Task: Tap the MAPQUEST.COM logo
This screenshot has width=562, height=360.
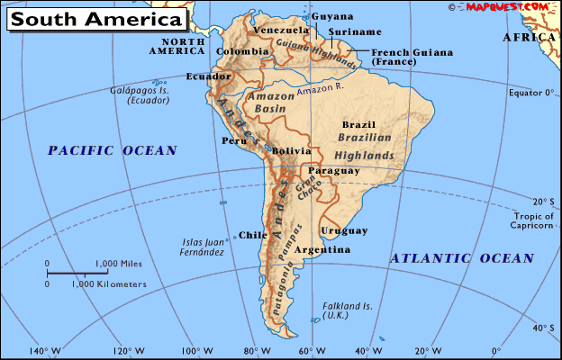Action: point(507,6)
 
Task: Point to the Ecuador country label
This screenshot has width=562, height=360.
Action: point(204,76)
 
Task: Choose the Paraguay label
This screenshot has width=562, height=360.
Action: point(333,170)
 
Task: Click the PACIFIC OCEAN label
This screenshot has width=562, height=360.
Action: point(113,150)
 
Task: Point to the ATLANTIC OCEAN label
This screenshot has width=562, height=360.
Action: point(462,258)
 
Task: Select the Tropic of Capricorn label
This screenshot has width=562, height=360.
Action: point(533,220)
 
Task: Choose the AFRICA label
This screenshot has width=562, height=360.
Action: point(528,38)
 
